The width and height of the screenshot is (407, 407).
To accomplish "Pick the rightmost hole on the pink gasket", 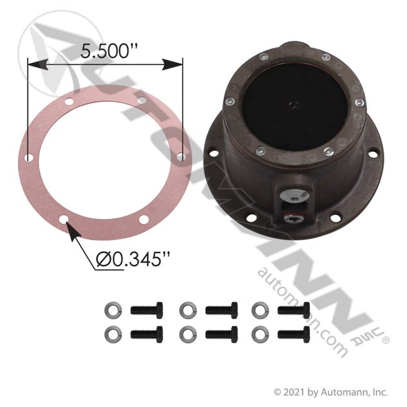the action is click(181, 156).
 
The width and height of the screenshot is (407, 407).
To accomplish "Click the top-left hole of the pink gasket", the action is click(69, 101).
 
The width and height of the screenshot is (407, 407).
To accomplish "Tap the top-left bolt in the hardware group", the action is click(147, 310).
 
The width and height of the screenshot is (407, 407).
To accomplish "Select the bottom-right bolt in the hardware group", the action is click(294, 334).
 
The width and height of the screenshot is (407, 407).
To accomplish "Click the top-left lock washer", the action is click(113, 310).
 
